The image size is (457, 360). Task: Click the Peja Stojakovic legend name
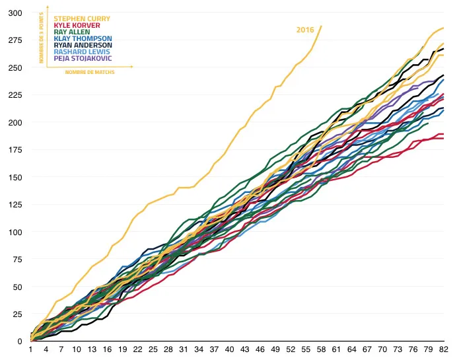[82, 58]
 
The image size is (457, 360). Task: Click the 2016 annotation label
[304, 30]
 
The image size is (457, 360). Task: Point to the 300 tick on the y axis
[15, 13]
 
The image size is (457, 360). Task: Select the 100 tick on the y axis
[15, 232]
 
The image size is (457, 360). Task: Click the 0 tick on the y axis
[19, 342]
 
